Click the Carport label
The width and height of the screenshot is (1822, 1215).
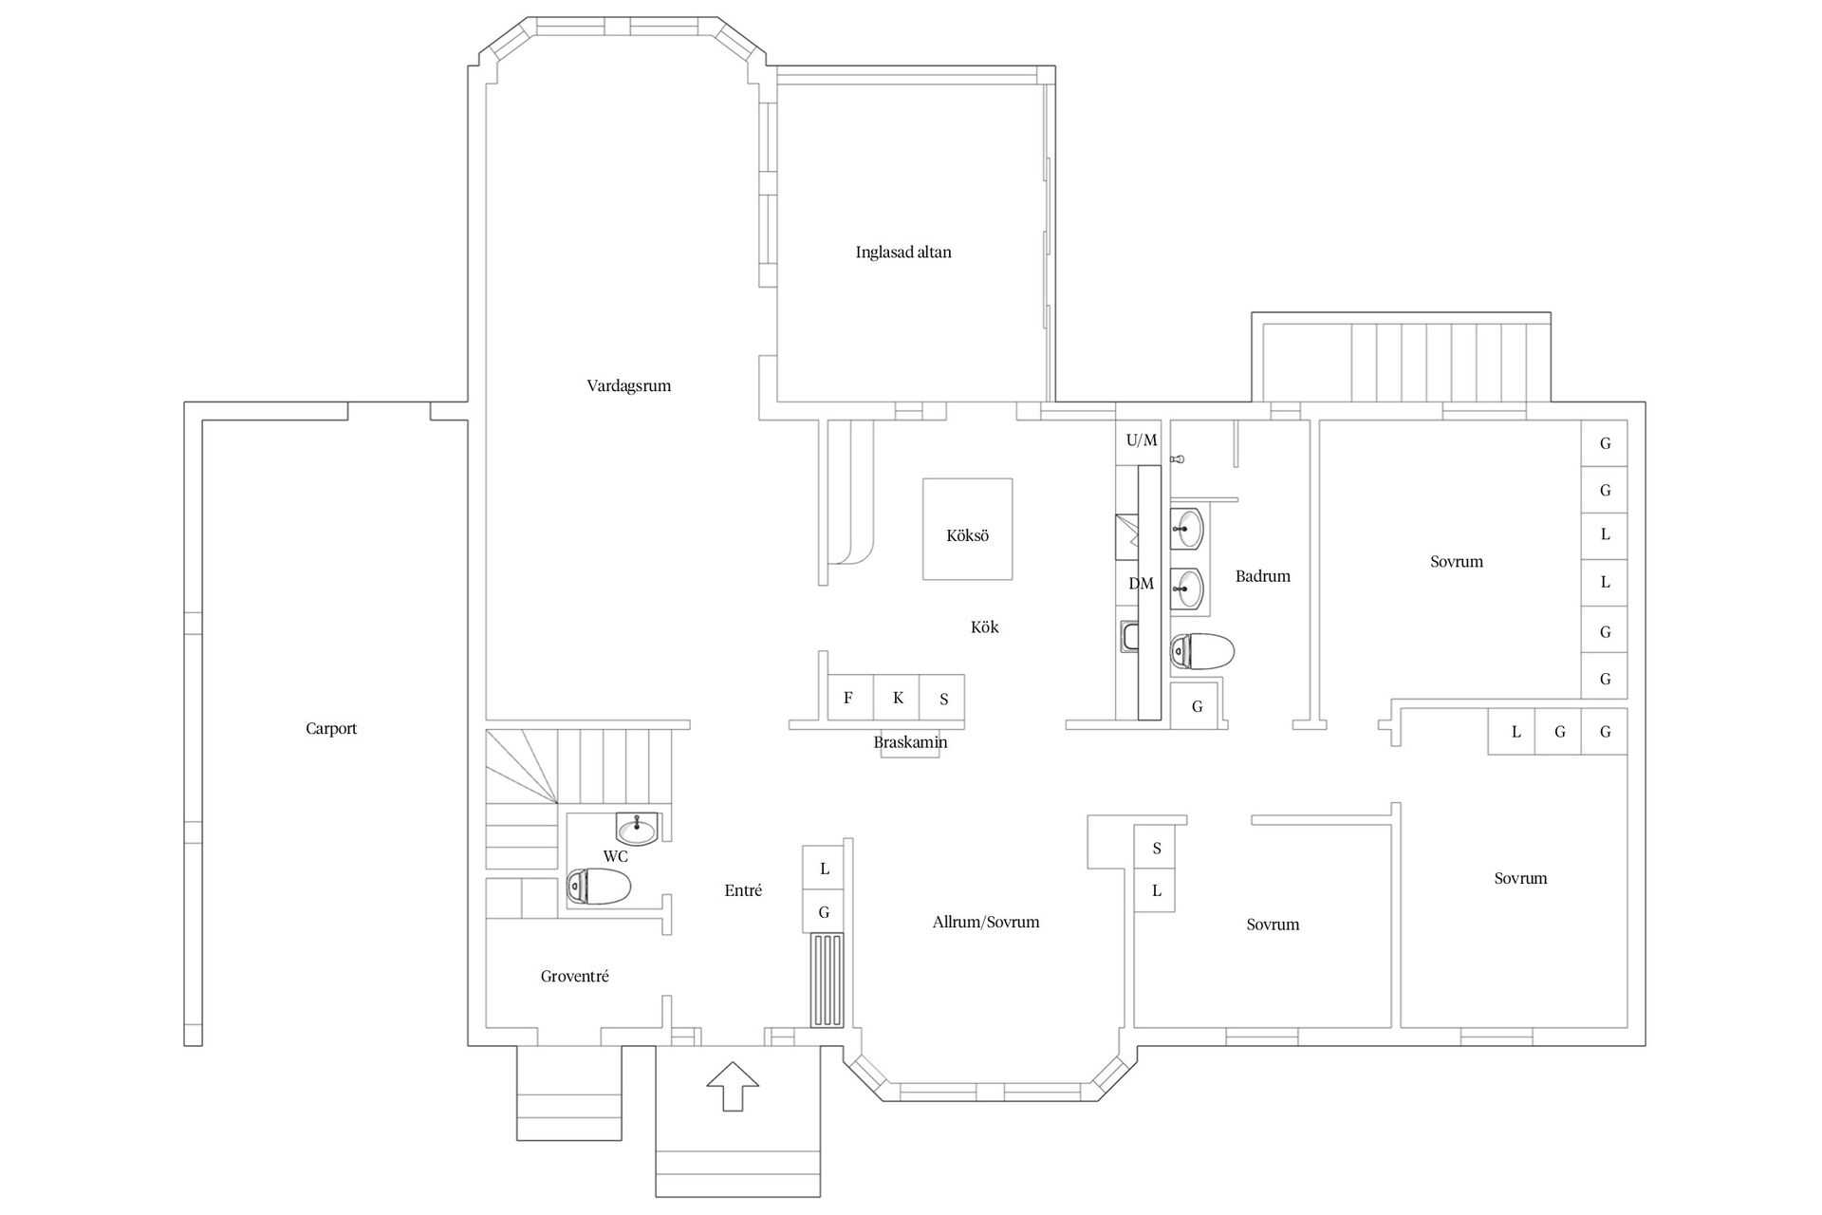click(331, 729)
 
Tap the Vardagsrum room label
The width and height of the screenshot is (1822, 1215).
click(628, 386)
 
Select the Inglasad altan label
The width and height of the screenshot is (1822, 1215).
click(903, 252)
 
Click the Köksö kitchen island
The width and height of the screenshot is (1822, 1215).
click(967, 529)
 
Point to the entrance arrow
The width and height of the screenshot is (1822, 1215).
click(733, 1085)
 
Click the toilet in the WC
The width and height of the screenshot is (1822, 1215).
click(598, 888)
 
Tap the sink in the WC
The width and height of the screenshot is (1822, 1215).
click(637, 829)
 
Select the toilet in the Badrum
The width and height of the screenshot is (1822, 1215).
click(1202, 651)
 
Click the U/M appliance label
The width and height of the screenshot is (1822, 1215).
click(1142, 440)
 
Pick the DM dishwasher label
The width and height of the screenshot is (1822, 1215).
click(1141, 584)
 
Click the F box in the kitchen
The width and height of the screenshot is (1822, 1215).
click(849, 698)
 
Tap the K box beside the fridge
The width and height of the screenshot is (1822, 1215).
click(897, 698)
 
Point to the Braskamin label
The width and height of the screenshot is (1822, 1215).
click(910, 742)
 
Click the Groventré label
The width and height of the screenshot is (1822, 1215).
click(574, 977)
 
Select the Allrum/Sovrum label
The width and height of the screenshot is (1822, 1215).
click(986, 923)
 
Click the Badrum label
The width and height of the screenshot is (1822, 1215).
click(1263, 576)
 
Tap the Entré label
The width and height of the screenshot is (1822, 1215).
click(743, 890)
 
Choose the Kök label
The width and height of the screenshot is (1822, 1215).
click(985, 627)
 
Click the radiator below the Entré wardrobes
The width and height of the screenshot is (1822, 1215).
click(827, 980)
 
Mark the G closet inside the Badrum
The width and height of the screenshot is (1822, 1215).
click(1198, 706)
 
